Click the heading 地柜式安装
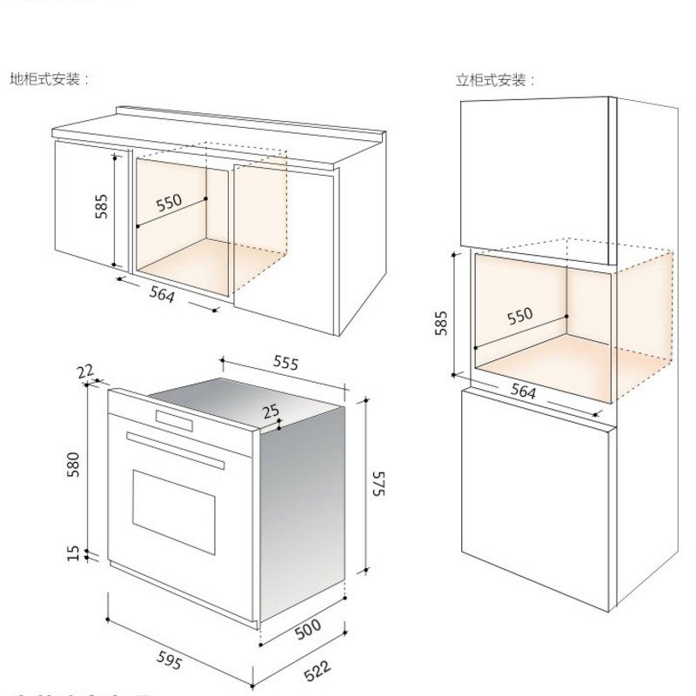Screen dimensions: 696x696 click(48, 79)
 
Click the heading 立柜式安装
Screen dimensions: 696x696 click(494, 81)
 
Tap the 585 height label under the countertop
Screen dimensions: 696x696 click(101, 206)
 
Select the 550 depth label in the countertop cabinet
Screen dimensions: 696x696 click(169, 204)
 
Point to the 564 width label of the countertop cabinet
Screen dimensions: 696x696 click(162, 295)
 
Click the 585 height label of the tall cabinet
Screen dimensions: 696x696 click(441, 323)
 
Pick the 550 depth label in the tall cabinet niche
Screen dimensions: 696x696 click(519, 316)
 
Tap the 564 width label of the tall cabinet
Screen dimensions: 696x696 click(523, 392)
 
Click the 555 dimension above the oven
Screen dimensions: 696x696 click(285, 362)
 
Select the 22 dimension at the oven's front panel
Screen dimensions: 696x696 click(84, 372)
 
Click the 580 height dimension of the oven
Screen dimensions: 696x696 click(74, 465)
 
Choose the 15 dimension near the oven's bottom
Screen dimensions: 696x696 click(74, 553)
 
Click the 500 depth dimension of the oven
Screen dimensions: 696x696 click(308, 627)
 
